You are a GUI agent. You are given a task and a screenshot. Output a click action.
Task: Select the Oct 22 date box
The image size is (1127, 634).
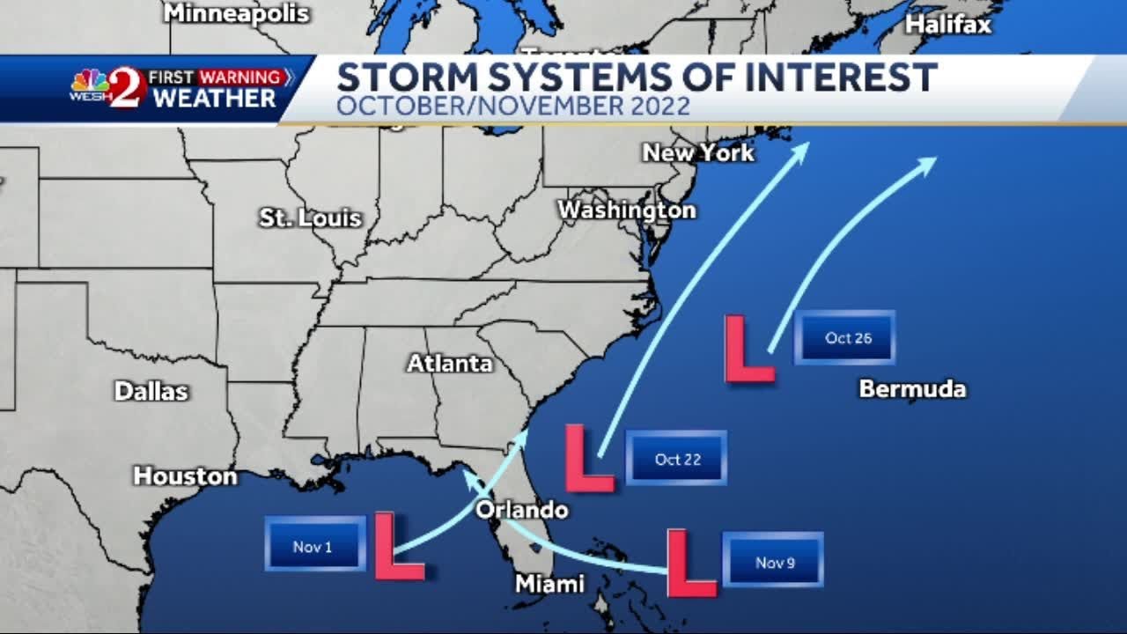point(676,458)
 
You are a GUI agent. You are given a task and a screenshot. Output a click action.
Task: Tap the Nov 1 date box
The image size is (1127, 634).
point(314,546)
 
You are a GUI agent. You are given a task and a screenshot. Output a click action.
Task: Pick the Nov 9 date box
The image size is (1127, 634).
point(773,561)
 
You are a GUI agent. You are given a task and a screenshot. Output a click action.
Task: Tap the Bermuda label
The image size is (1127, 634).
point(912,388)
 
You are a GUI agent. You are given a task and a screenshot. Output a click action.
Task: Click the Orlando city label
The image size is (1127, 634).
point(522,510)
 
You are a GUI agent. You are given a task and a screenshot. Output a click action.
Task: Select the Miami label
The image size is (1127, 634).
point(549,584)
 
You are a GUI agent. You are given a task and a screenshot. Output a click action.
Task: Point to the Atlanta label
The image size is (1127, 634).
point(449,363)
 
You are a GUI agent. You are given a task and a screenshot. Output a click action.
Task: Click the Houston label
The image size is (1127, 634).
point(185,476)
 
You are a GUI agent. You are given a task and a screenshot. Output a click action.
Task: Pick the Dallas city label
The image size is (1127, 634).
point(151,391)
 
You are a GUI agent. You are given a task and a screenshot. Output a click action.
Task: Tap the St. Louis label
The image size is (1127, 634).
point(311,217)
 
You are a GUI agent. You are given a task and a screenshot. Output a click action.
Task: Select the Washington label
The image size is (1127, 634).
point(627,210)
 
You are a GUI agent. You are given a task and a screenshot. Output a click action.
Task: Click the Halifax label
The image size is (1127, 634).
point(948,25)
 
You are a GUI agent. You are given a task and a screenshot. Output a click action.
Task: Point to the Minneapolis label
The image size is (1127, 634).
point(237,13)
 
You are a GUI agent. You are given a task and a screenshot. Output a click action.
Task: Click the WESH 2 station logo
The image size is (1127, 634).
point(107,88)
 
